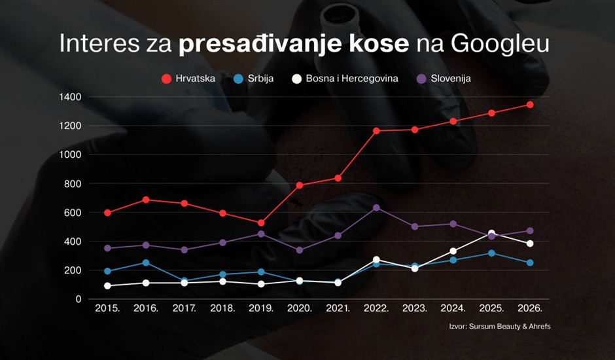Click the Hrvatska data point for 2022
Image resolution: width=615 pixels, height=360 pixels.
pyautogui.click(x=376, y=131)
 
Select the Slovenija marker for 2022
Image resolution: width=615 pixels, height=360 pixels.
pyautogui.click(x=376, y=207)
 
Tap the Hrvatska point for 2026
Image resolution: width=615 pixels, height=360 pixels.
pyautogui.click(x=530, y=105)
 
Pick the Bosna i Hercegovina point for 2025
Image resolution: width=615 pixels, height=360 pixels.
pyautogui.click(x=491, y=234)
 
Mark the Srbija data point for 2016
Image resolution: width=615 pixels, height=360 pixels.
pyautogui.click(x=146, y=262)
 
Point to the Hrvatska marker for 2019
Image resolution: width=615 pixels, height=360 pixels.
pyautogui.click(x=261, y=223)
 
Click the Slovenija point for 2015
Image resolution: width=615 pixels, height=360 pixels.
pyautogui.click(x=107, y=248)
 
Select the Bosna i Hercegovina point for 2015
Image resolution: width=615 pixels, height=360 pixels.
pyautogui.click(x=107, y=285)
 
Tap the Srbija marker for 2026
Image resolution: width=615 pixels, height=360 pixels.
pyautogui.click(x=530, y=262)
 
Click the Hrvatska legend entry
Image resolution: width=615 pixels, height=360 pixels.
pyautogui.click(x=190, y=79)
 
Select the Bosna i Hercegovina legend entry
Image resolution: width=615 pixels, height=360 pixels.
pyautogui.click(x=344, y=79)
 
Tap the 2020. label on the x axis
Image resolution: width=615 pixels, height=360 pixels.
pyautogui.click(x=299, y=308)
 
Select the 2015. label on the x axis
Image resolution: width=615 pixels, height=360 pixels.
pyautogui.click(x=107, y=308)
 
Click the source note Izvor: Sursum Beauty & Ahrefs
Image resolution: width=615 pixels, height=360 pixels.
pyautogui.click(x=495, y=326)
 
